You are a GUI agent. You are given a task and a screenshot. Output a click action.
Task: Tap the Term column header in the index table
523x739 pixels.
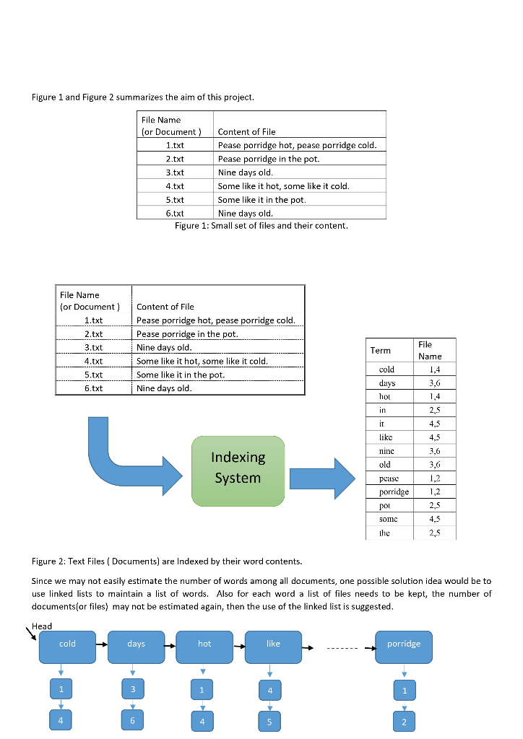click(x=381, y=350)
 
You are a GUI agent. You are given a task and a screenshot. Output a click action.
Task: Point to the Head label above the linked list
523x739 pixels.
click(x=42, y=626)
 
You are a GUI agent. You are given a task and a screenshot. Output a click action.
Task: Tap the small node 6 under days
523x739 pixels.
click(x=132, y=720)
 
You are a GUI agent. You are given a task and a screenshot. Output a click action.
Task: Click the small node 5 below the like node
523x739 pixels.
click(x=269, y=720)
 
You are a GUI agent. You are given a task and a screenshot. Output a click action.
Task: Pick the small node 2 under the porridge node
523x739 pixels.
click(x=404, y=720)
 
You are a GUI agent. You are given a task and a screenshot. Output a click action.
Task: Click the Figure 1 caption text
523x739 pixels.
click(x=261, y=225)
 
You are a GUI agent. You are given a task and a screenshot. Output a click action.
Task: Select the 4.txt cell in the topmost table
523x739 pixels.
click(x=175, y=185)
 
